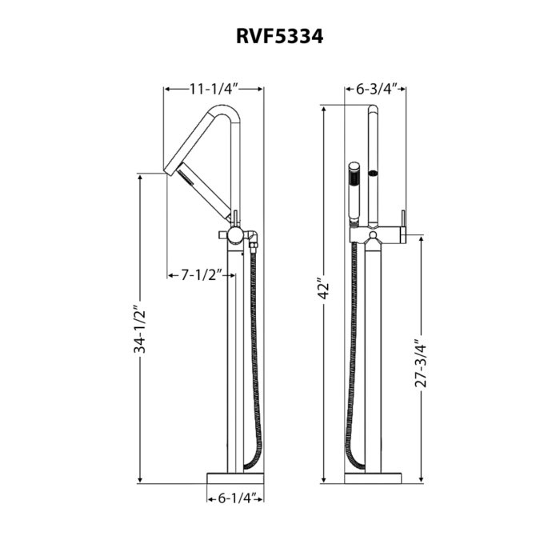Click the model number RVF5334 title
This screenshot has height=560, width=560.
[279, 36]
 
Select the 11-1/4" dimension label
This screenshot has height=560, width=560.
[214, 89]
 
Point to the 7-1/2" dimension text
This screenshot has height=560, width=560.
[201, 275]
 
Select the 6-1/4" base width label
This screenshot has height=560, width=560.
[235, 498]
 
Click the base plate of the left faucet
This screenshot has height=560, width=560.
[236, 478]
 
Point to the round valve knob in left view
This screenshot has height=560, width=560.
[234, 234]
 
